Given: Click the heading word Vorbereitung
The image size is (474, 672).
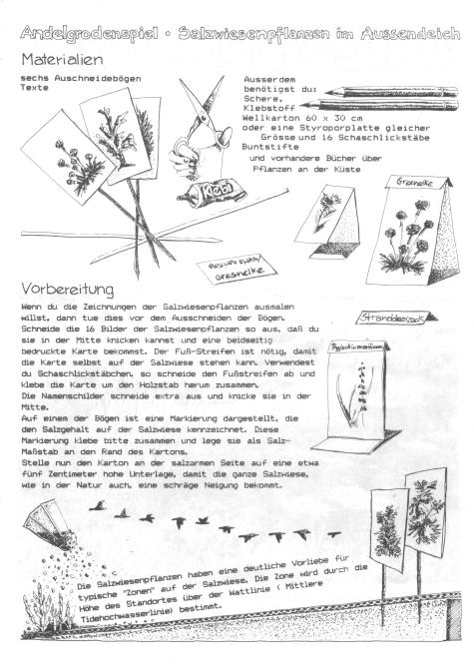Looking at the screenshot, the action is (x=71, y=290).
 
